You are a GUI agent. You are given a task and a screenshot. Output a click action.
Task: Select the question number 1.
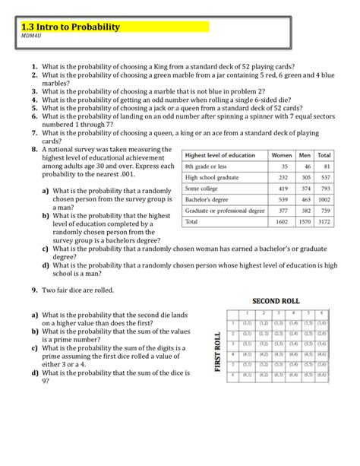pyautogui.click(x=34, y=67)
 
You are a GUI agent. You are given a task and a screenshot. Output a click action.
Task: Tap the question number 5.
pyautogui.click(x=34, y=107)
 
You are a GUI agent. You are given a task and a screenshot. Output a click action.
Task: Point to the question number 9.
pyautogui.click(x=34, y=290)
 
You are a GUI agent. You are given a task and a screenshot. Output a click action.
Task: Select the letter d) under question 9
pyautogui.click(x=35, y=373)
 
